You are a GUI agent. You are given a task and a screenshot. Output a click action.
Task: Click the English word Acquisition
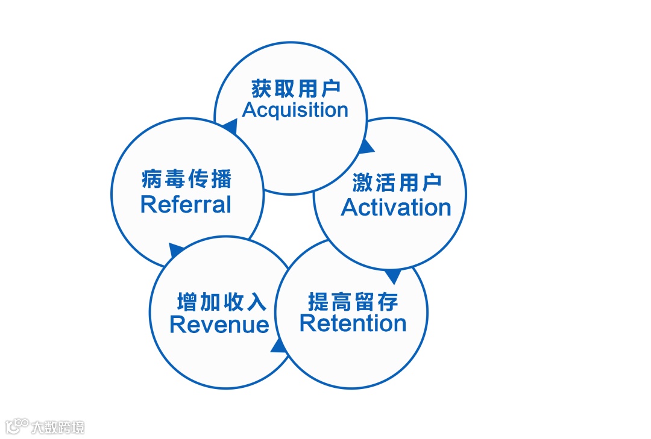[x=295, y=110]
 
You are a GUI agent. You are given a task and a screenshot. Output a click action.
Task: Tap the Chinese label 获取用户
[x=295, y=89]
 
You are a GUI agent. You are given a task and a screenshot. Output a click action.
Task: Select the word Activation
[x=396, y=207]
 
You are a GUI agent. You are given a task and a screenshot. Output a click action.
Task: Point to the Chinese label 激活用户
[x=397, y=183]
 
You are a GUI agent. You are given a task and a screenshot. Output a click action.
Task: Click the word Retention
[x=353, y=323]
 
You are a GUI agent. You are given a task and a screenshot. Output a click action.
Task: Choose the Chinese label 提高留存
[x=353, y=300]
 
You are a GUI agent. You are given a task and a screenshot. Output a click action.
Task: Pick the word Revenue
[x=219, y=325]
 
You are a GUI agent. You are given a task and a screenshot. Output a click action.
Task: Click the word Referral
[x=186, y=205]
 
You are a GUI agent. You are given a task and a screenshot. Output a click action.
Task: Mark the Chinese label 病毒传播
[x=186, y=179]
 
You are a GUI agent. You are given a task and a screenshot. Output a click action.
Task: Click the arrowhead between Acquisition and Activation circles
[x=365, y=147]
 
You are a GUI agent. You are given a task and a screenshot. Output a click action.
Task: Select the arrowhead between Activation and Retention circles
[x=392, y=276]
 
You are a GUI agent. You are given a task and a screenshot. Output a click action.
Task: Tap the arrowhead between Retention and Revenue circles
[x=278, y=345]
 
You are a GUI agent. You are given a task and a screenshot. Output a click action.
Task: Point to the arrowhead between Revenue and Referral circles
[x=176, y=249]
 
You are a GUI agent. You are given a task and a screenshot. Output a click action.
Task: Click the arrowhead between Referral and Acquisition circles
[x=229, y=126]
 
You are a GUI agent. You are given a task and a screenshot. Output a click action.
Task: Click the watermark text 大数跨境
[x=58, y=427]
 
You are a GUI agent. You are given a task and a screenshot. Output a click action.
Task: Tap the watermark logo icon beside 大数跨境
[x=17, y=426]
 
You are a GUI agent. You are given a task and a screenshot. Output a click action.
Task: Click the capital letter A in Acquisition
[x=250, y=110]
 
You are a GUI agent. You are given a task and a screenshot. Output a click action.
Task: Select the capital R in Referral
[x=148, y=205]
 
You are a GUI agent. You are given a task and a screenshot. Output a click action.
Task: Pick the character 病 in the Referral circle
[x=150, y=179]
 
